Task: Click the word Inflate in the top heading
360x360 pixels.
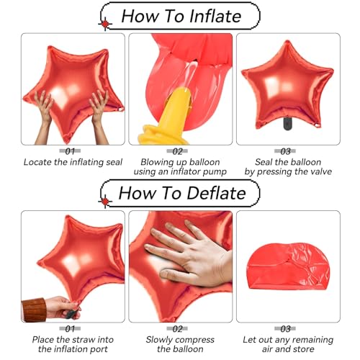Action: tap(215, 17)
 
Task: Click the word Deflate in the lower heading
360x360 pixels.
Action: tap(216, 193)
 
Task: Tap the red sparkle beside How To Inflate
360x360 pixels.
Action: tap(105, 24)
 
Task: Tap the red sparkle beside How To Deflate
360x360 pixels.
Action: tap(105, 202)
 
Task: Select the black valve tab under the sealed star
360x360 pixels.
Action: tap(287, 123)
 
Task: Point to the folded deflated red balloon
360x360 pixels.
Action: tap(288, 266)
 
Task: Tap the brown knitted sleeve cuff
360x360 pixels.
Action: tap(34, 310)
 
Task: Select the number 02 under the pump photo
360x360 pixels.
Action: tap(178, 151)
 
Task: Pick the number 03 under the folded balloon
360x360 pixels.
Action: tap(285, 329)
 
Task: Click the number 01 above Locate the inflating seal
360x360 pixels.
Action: tap(70, 151)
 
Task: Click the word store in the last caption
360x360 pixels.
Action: tap(303, 349)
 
